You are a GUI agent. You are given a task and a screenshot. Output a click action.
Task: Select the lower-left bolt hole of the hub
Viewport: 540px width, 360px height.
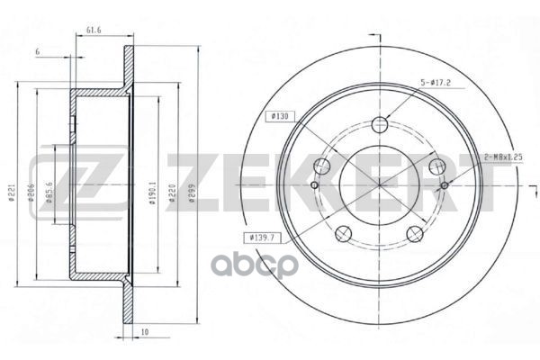click(x=342, y=235)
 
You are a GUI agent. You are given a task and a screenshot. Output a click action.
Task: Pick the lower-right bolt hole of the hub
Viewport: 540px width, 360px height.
click(x=415, y=235)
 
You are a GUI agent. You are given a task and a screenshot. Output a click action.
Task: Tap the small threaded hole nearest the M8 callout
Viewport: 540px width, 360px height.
click(x=445, y=185)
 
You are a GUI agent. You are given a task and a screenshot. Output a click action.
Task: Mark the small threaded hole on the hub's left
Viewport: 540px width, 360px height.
click(x=313, y=185)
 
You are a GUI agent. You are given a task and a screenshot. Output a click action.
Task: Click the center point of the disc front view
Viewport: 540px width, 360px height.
click(x=379, y=185)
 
